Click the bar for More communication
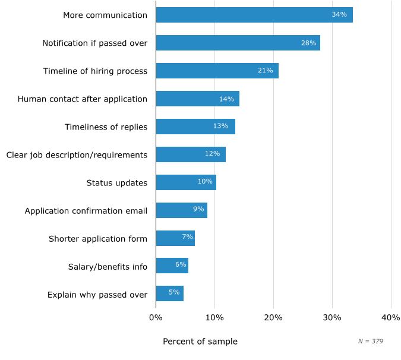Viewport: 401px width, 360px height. point(254,15)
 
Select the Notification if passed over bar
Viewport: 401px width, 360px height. point(238,43)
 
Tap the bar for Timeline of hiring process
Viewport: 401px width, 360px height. point(217,71)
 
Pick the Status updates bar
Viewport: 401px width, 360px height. point(186,182)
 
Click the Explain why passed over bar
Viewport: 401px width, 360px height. point(169,293)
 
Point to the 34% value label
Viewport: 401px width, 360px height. point(339,14)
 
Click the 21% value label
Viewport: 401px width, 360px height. point(265,71)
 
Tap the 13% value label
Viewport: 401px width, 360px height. point(220,127)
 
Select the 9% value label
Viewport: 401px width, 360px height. point(198,209)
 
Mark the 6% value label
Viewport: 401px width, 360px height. point(181,264)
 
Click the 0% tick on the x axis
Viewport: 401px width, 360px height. point(156,318)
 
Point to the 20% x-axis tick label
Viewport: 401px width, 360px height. point(273,318)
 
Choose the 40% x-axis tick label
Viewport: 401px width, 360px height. point(390,318)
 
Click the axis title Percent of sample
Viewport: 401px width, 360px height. point(200,342)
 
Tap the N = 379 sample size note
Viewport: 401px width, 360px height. point(371,342)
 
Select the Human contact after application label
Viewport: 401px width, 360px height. point(83,99)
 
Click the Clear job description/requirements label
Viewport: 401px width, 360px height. point(77,154)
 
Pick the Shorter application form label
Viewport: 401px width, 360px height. point(98,239)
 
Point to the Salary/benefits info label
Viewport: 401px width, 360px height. point(108,267)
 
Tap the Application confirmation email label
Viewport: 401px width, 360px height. point(86,211)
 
